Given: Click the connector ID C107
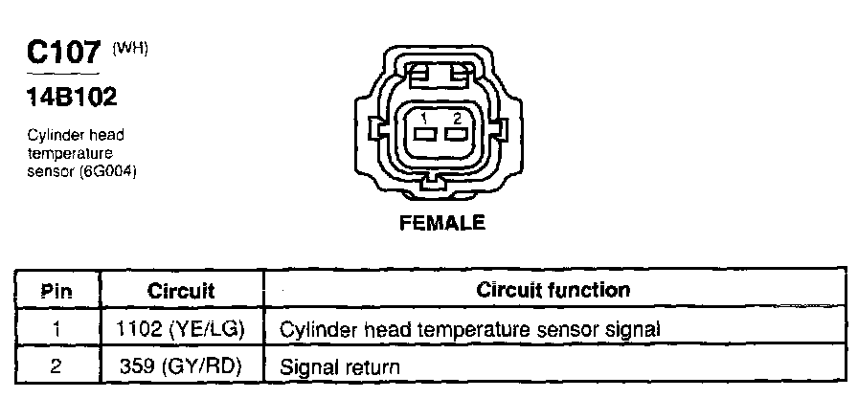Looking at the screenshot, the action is pos(62,53).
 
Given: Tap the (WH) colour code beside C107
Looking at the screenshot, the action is pos(132,48).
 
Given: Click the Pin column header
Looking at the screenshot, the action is pos(57,291).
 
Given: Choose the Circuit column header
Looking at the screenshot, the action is pos(181,291).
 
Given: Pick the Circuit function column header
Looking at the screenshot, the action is pos(553,290).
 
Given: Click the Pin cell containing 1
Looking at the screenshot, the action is pos(57,329).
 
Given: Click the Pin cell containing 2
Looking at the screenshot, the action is pos(57,365).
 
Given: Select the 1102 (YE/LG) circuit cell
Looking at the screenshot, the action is pos(182,329).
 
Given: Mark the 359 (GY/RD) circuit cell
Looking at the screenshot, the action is pos(182,365).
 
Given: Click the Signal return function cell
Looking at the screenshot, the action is pos(339,366).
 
